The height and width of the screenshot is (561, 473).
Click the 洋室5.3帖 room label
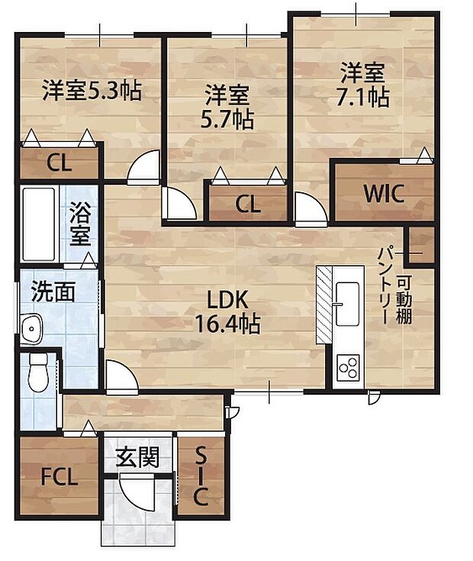[91, 91]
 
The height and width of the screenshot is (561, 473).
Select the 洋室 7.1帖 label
[364, 85]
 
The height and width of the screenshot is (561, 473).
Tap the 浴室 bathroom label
[80, 223]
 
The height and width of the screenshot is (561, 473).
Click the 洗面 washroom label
[53, 292]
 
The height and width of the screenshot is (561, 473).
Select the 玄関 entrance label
[137, 458]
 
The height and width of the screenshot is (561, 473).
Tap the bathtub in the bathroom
[38, 223]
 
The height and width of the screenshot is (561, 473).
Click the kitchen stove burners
[348, 368]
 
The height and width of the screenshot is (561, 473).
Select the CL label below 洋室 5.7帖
[247, 204]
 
